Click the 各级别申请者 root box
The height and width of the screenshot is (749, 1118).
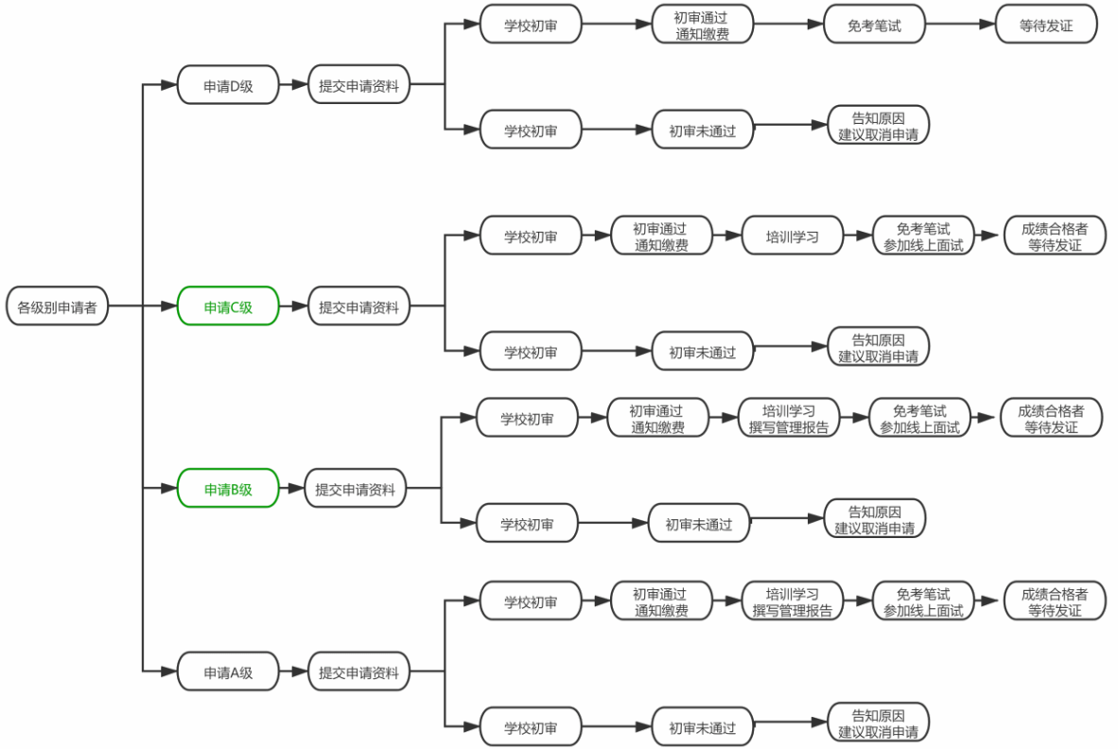[x=57, y=306]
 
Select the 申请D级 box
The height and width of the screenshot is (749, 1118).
[x=228, y=84]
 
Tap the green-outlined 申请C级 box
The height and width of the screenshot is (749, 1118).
[x=228, y=306]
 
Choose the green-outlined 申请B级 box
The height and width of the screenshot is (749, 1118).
[x=228, y=489]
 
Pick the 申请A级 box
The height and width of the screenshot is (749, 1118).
[x=228, y=672]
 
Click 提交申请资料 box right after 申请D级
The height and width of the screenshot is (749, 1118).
[x=358, y=84]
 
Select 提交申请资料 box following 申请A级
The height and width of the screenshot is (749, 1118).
[x=358, y=672]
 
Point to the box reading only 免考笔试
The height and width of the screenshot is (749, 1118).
[x=874, y=25]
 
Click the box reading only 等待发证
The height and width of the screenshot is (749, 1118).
[x=1045, y=25]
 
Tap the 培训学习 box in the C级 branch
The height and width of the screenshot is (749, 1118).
[x=792, y=235]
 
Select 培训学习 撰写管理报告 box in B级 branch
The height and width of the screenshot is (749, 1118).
[x=788, y=418]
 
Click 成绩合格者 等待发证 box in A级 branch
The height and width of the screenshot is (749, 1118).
[x=1054, y=601]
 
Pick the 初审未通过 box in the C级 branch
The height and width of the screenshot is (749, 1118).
[x=702, y=352]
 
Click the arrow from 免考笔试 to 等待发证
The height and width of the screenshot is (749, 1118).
[x=959, y=25]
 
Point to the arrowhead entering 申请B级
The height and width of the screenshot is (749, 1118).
[x=171, y=489]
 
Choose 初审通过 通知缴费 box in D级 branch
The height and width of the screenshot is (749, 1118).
[x=702, y=25]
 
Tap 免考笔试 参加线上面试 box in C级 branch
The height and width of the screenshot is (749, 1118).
[x=922, y=235]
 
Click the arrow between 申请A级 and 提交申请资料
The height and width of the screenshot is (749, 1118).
[x=293, y=672]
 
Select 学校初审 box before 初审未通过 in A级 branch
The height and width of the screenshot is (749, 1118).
[x=530, y=728]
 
